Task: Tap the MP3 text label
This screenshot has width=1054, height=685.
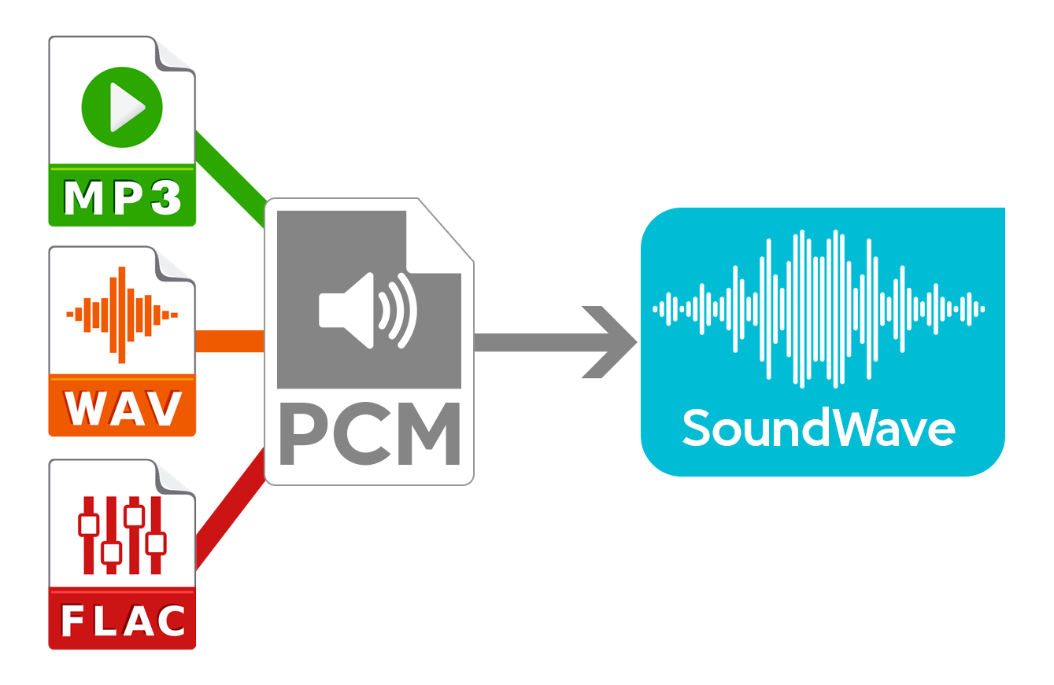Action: pos(122,198)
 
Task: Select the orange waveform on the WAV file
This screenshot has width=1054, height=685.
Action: pos(122,315)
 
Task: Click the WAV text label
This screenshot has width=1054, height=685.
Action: pos(122,407)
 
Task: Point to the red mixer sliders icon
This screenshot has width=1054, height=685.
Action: pos(122,535)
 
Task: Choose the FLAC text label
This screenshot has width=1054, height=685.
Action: pos(123,621)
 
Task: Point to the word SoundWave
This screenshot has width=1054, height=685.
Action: pos(819,429)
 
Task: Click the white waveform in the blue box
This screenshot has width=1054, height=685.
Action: pos(819,308)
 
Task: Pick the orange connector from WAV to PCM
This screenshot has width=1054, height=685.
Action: pos(229,341)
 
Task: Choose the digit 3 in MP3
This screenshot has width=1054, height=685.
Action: pos(166,198)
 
